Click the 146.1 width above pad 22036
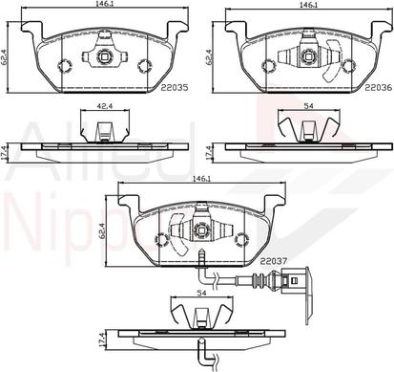pos(306,5)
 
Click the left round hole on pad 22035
pos(66,66)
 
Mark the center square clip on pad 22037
pos(200,230)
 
